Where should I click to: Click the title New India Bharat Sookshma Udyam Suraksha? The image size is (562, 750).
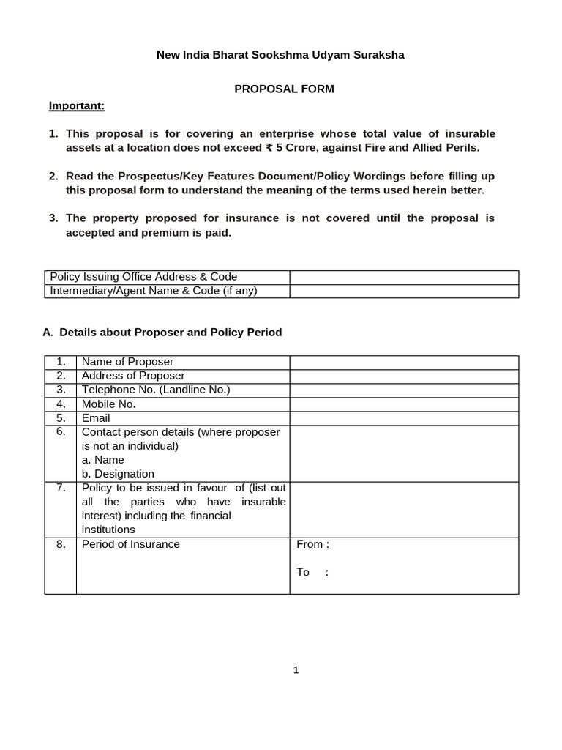(281, 55)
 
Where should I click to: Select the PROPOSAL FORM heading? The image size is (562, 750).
(284, 89)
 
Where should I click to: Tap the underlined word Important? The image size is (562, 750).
(77, 106)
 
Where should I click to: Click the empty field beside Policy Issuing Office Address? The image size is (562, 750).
(404, 277)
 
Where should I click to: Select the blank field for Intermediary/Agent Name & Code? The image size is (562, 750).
(404, 291)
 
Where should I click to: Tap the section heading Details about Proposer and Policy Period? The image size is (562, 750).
(171, 333)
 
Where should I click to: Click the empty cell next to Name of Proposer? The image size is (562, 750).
(404, 363)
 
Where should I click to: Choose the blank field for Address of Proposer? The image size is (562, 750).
(404, 376)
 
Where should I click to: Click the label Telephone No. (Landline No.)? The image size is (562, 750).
(156, 390)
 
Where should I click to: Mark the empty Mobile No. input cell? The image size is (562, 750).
(404, 404)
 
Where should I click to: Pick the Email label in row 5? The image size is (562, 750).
(96, 418)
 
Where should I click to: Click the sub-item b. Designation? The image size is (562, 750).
(118, 474)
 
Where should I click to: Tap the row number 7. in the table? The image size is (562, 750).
(61, 488)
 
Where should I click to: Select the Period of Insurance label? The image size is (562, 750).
(130, 544)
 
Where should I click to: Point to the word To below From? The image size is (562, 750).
(303, 572)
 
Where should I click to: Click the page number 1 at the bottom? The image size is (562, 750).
(296, 669)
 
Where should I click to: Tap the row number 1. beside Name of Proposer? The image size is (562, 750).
(61, 363)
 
